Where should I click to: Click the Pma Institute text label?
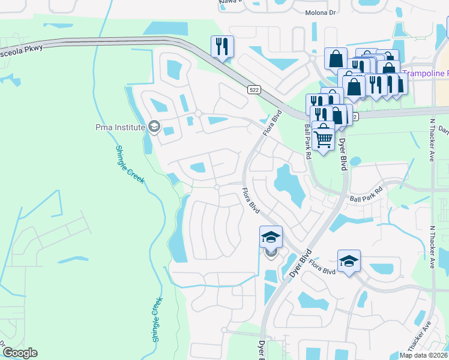121,127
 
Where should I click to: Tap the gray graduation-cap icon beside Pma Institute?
154,127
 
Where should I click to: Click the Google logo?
19,352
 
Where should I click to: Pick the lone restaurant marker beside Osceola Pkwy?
222,46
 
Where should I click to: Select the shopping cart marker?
323,137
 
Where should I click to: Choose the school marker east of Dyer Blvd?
349,260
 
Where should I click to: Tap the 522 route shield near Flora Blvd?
253,89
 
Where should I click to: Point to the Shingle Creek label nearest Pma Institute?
130,164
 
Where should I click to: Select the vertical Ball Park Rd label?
307,142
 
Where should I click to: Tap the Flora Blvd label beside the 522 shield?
272,121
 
